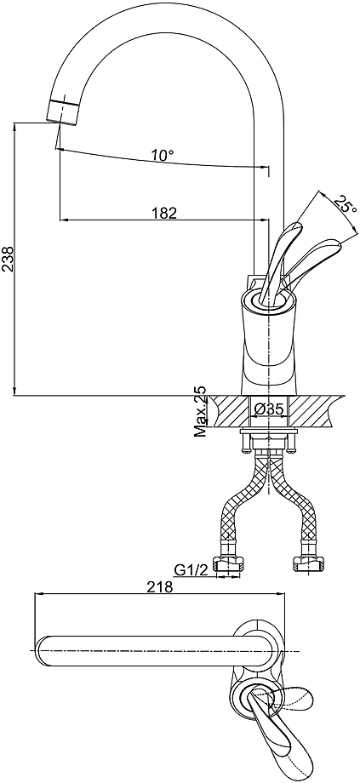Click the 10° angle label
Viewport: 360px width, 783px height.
(x=163, y=155)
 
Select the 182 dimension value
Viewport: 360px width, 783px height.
(x=165, y=214)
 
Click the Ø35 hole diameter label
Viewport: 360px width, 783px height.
(x=269, y=409)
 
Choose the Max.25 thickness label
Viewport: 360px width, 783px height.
(x=201, y=411)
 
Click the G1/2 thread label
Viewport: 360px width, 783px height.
(x=191, y=569)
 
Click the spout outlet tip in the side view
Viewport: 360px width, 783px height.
(x=62, y=111)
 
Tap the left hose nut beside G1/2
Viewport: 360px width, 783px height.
(x=228, y=563)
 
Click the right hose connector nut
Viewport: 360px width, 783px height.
(x=306, y=563)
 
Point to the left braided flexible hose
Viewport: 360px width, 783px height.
(x=242, y=500)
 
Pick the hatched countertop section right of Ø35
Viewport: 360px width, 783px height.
(x=313, y=411)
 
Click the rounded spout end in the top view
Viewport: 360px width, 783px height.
(x=42, y=651)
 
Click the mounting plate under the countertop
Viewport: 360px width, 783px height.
(x=269, y=431)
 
